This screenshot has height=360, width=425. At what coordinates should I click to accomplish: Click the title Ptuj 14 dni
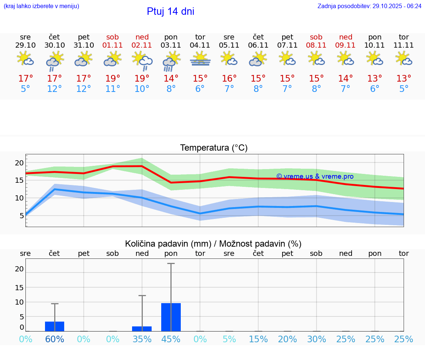click(170, 11)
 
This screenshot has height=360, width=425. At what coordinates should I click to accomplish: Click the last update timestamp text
click(369, 6)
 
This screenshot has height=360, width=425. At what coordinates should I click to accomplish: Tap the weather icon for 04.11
click(200, 59)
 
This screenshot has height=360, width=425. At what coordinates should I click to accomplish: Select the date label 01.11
click(113, 45)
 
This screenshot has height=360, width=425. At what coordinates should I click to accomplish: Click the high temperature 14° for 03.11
click(171, 79)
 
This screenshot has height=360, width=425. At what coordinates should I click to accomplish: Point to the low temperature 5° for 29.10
click(25, 89)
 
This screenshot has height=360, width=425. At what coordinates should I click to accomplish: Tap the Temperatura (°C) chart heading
click(214, 148)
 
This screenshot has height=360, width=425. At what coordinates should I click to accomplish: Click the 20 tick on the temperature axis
click(19, 163)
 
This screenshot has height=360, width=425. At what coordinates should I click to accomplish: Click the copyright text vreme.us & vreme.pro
click(315, 176)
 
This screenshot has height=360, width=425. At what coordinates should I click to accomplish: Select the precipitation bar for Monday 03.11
click(171, 317)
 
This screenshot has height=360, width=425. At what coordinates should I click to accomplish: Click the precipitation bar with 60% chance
click(55, 326)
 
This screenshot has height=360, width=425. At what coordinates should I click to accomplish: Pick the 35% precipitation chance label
click(142, 339)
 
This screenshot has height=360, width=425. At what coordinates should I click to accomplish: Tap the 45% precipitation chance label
click(171, 339)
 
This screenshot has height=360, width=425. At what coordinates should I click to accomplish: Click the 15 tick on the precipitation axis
click(19, 287)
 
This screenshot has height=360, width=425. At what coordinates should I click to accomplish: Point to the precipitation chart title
click(213, 244)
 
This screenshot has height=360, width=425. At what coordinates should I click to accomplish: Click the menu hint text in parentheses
click(41, 6)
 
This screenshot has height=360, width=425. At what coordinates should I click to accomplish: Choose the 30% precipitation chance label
click(317, 339)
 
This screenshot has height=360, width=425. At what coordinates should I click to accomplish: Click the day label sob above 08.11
click(316, 37)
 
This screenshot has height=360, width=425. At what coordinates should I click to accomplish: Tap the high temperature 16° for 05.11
click(229, 79)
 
